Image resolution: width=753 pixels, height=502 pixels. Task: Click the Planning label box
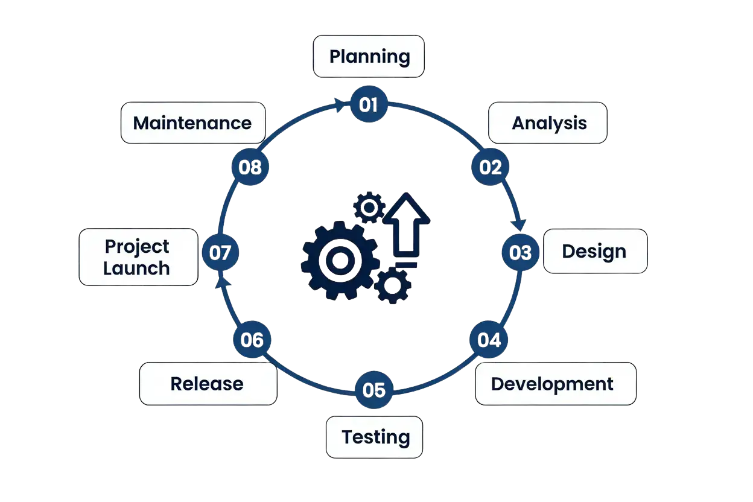(369, 57)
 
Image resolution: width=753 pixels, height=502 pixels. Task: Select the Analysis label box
(548, 123)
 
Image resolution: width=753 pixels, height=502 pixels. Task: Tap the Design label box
(595, 251)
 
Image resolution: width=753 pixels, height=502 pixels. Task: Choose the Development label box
(555, 384)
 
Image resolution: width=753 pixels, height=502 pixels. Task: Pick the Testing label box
(375, 437)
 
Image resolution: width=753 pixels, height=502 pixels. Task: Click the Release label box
(208, 384)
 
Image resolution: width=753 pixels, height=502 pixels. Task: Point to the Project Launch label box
(138, 257)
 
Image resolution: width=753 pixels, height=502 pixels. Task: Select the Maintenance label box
(192, 123)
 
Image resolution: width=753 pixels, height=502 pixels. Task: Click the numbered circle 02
(491, 167)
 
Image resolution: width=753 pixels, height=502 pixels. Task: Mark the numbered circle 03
(520, 252)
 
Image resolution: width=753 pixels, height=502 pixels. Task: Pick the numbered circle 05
(374, 390)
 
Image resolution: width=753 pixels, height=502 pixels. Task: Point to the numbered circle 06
(252, 340)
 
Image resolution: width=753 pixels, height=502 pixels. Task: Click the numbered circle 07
(220, 252)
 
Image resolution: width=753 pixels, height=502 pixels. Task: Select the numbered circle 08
(250, 167)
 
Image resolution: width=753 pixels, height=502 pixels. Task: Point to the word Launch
(136, 268)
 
